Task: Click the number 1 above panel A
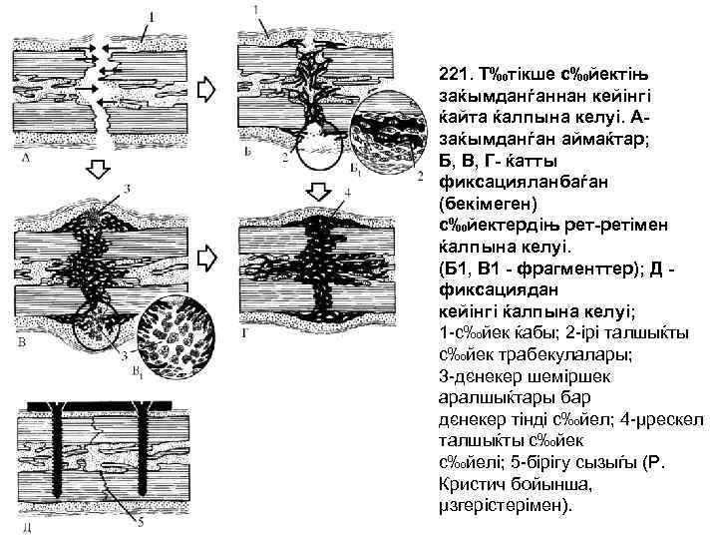point(151,16)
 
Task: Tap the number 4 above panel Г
point(346,193)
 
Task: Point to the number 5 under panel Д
point(140,520)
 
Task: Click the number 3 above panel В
point(127,190)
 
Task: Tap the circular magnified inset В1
point(175,335)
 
